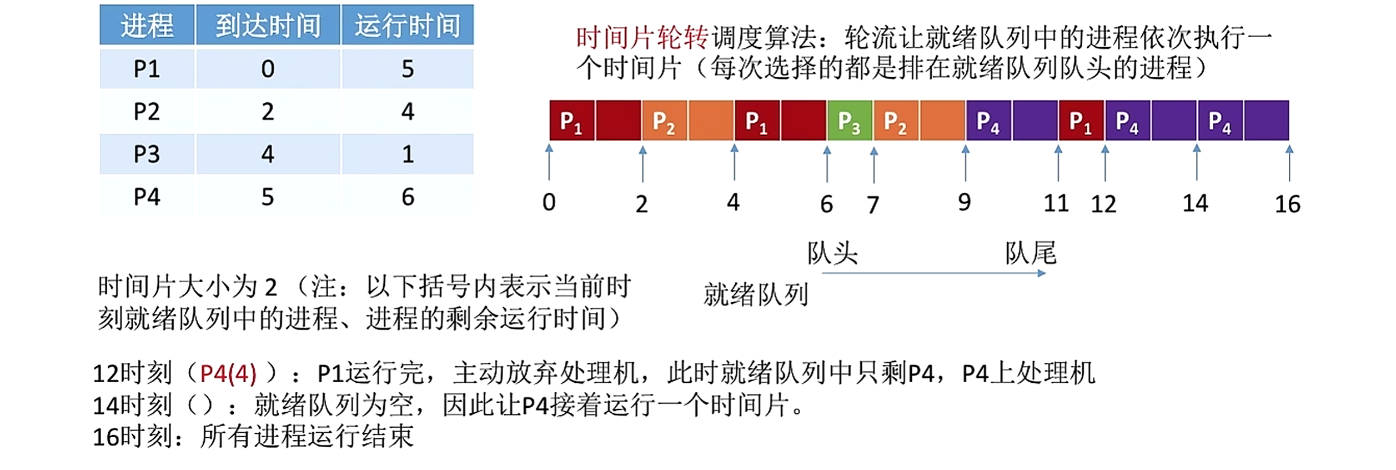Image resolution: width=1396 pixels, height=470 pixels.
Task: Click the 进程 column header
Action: [147, 26]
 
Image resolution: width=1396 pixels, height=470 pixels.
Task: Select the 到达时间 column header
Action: [268, 26]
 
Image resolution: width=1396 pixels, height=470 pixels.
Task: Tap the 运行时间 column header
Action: [408, 26]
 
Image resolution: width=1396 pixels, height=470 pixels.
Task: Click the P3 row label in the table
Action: [147, 154]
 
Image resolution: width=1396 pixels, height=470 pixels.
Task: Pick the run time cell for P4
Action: [408, 197]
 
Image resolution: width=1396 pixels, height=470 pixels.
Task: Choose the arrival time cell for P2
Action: [268, 112]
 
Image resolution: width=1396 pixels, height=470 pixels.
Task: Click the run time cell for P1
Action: [408, 69]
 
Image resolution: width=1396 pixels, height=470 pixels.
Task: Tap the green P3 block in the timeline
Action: [849, 121]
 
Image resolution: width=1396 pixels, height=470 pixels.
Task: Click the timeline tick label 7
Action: [873, 205]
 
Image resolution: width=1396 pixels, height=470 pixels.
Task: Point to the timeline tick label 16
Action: [1287, 204]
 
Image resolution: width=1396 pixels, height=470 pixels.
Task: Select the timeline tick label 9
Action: [965, 202]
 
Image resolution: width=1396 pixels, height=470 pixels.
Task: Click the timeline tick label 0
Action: [549, 202]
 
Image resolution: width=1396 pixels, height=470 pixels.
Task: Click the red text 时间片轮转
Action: [642, 38]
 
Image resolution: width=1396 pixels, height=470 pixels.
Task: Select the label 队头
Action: [832, 254]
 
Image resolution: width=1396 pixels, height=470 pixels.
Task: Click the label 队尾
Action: [1031, 254]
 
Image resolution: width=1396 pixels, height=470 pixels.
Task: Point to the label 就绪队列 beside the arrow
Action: [755, 294]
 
